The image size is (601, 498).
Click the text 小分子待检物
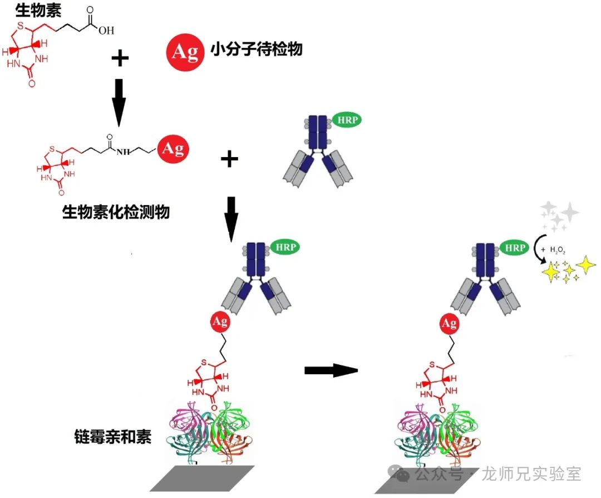coord(257,50)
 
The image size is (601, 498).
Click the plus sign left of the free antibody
coord(229,159)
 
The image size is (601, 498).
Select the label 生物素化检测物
coord(116,212)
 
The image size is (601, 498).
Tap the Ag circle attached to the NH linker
coord(174,149)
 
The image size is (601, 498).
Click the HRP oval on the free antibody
coord(347,120)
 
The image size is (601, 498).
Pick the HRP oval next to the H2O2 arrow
coord(515,247)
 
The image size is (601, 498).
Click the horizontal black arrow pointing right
coord(331,370)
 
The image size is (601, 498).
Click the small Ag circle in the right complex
coord(449,324)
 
